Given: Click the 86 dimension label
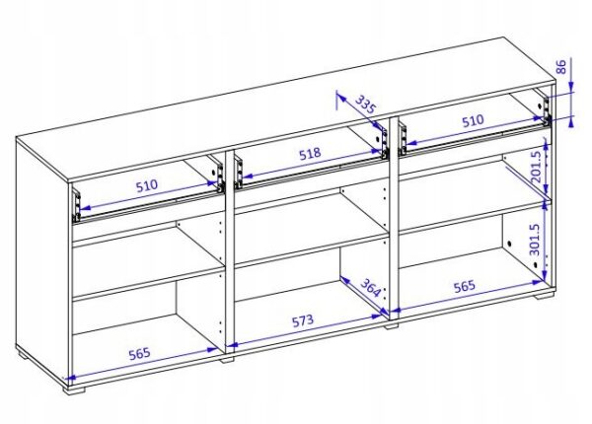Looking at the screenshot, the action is coord(561,67).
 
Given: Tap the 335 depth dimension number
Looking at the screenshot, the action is coord(365,105).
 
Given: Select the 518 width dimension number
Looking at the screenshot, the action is coord(310,154).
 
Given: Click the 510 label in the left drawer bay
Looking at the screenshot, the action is coord(146,185).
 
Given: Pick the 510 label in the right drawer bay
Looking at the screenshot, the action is coord(473,120).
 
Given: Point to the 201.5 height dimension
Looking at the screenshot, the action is coord(537,167).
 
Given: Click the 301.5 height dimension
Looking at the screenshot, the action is coord(535,240).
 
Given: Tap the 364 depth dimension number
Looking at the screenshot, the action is coord(370,288).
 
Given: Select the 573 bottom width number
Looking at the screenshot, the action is coord(303,320).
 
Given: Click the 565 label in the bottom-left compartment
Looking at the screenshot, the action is coord(140,354).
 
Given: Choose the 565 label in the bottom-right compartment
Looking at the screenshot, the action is coord(465,286).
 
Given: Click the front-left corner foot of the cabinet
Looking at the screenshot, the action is coord(74,389).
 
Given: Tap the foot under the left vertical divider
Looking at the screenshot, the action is coord(227,360).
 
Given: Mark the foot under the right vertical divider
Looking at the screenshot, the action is coord(392,326).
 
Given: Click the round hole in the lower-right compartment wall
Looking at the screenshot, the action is coord(509,245).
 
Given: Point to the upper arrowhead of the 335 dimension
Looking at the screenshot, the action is coord(339,96).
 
